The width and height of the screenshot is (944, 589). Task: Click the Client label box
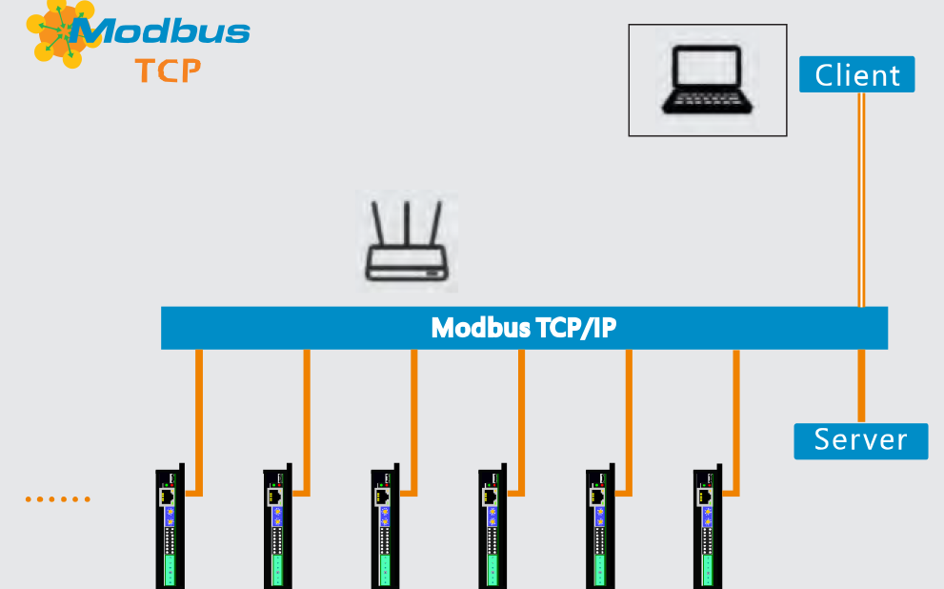[856, 74]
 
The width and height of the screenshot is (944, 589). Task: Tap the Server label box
[860, 440]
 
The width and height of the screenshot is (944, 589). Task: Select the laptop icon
[707, 80]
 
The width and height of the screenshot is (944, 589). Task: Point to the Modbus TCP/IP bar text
[524, 328]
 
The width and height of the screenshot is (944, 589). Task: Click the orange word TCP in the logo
[168, 71]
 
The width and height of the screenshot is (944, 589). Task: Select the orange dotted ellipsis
[58, 498]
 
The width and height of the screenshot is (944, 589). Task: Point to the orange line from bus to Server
[861, 386]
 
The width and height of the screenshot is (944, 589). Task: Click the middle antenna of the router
[407, 224]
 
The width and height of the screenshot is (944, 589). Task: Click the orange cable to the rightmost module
[735, 419]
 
